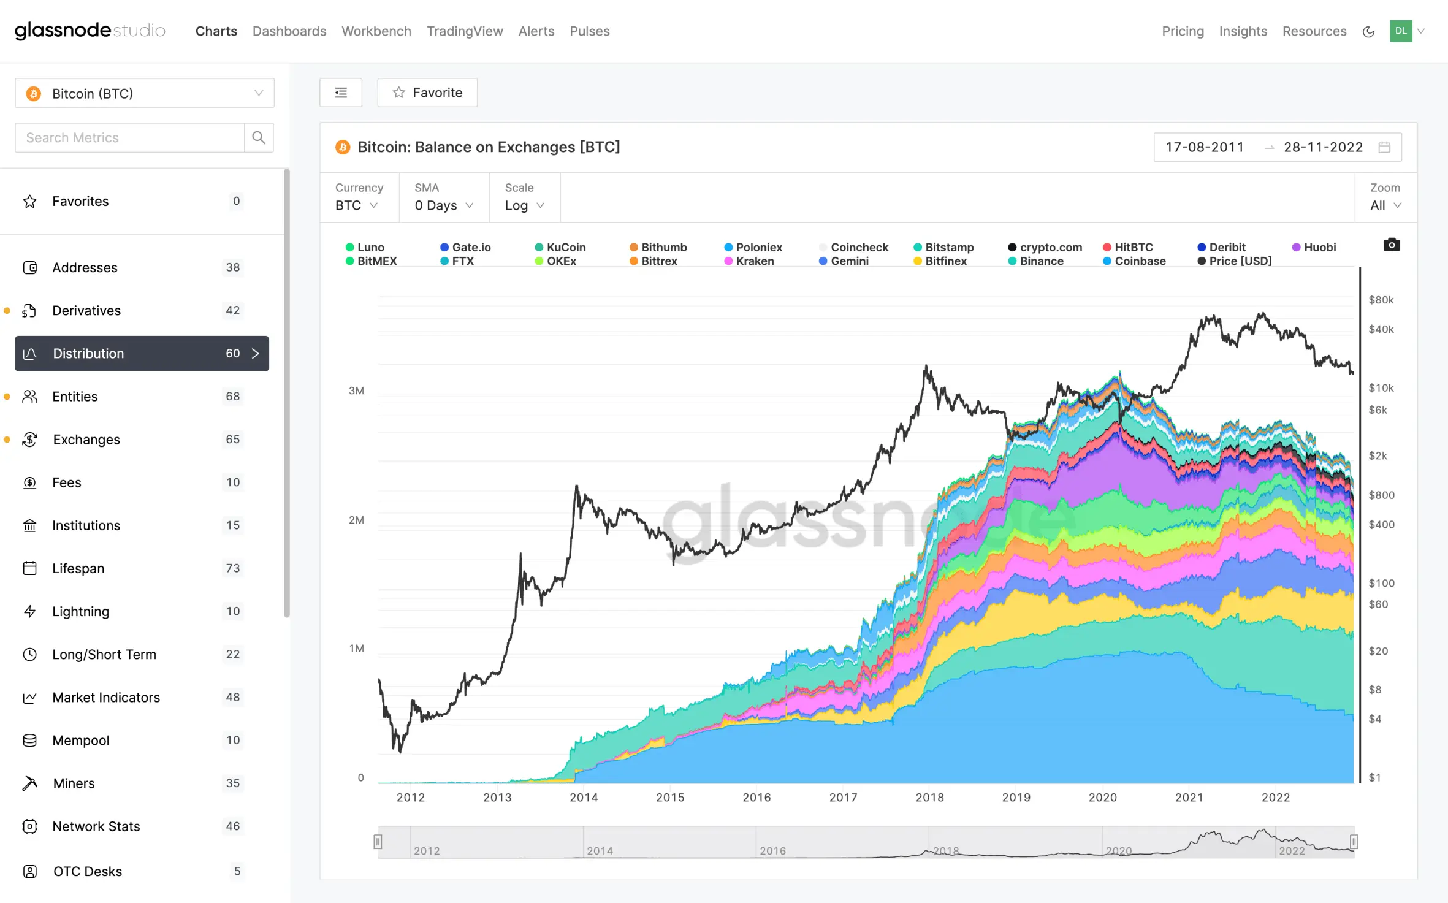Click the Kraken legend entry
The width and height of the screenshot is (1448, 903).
pos(749,261)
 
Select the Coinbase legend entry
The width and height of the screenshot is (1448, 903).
pos(1134,261)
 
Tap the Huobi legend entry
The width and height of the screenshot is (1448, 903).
pos(1314,247)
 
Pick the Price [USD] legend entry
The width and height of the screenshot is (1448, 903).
pos(1235,261)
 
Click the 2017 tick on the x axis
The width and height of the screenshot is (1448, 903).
pos(843,797)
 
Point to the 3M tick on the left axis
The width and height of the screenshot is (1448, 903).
pos(356,391)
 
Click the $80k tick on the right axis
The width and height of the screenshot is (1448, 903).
pos(1381,300)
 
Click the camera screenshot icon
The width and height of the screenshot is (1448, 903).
pos(1392,245)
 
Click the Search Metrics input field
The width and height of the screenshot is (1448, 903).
pos(129,138)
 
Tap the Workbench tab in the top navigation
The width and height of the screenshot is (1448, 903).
pos(376,31)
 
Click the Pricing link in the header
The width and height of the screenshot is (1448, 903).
pos(1183,31)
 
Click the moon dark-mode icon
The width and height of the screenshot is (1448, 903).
pos(1368,32)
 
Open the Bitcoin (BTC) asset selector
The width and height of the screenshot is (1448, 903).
pos(145,93)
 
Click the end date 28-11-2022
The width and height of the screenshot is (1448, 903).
pos(1323,147)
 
